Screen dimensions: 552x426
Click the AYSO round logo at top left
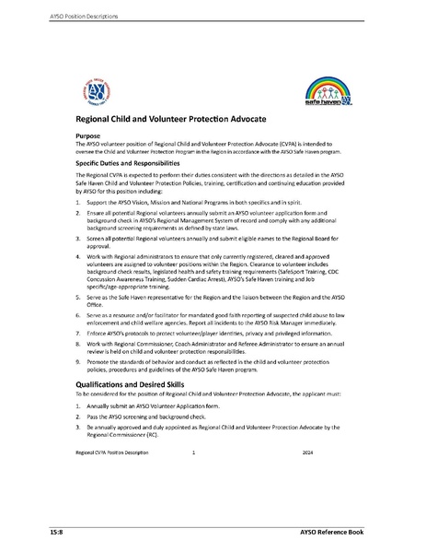[x=96, y=93]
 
